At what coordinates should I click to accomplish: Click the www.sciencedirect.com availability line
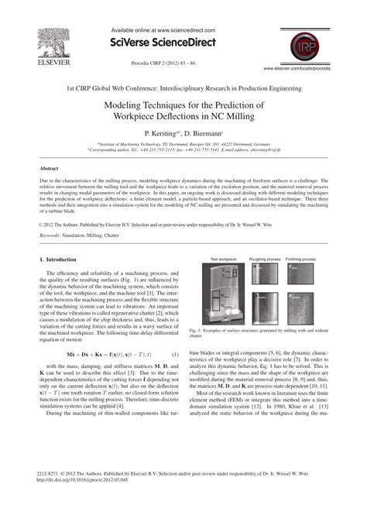coord(183,28)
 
